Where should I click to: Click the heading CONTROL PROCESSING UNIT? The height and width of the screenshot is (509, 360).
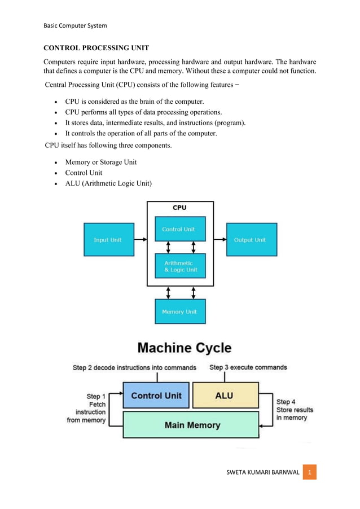98,48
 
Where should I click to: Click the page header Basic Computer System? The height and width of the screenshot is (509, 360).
75,25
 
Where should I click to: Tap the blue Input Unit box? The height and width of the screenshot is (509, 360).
108,240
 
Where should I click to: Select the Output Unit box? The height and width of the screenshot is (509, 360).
251,240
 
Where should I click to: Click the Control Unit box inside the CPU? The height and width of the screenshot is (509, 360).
180,229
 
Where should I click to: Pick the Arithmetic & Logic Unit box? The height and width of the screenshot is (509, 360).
180,266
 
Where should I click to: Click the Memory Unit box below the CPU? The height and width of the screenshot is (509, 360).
180,311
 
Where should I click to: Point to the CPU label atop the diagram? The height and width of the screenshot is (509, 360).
179,208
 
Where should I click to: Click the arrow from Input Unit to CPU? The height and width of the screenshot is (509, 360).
141,240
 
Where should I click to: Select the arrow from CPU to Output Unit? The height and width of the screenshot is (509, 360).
220,240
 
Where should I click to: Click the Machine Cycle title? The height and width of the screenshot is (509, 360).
185,348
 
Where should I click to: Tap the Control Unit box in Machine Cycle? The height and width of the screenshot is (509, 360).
156,396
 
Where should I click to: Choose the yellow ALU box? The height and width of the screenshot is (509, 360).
225,396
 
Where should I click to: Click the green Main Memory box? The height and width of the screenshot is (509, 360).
191,425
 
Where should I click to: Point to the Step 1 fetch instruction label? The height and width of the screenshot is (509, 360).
88,408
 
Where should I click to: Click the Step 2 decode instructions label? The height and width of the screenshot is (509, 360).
134,368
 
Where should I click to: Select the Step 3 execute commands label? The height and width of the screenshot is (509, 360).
248,367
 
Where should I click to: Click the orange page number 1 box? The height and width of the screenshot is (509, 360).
309,471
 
